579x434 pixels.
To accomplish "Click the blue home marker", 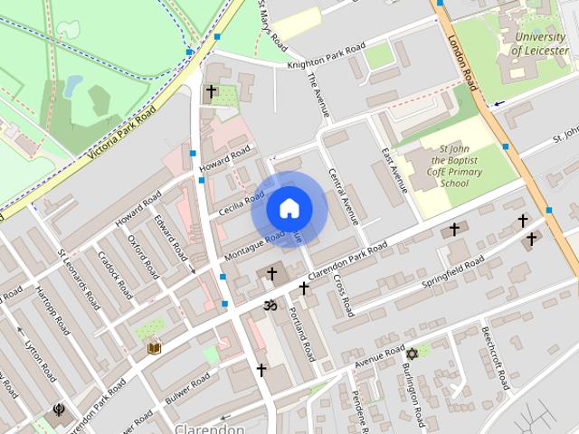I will pos(289,208).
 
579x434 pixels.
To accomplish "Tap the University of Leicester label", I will pos(540,43).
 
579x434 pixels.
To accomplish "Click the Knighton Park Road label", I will pos(326,55).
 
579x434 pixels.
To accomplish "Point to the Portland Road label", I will pos(302,333).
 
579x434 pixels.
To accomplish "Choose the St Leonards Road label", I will pos(77,279).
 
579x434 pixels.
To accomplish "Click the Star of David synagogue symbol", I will pos(412,353).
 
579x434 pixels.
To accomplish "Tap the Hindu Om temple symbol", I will pos(269,306).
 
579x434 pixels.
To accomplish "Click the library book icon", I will pos(154,347).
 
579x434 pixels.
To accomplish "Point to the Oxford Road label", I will pos(142,256).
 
